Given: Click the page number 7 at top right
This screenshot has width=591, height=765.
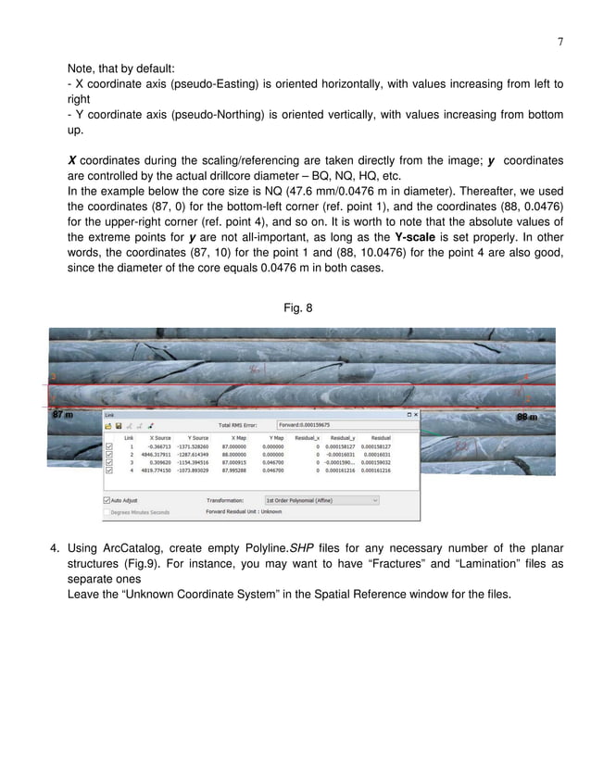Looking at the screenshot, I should (x=560, y=41).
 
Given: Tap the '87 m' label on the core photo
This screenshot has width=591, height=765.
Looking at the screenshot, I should (x=63, y=417).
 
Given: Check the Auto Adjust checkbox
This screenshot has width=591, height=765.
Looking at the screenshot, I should (x=107, y=499).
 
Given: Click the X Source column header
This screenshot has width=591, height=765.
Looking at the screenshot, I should (x=159, y=436).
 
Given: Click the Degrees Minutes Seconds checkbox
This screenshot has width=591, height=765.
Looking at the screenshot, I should (x=107, y=510).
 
